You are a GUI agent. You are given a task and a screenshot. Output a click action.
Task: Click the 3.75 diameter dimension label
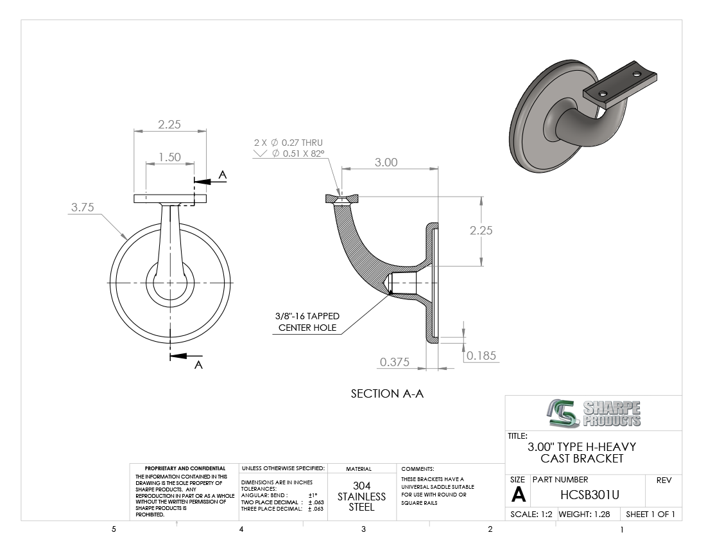click(x=82, y=207)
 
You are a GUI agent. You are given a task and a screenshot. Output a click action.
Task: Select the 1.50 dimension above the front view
click(x=169, y=157)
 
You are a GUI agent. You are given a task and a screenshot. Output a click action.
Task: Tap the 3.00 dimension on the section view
click(x=386, y=162)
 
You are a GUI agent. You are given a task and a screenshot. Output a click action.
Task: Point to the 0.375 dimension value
click(x=395, y=362)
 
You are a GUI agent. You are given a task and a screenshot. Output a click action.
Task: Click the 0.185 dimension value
click(x=482, y=356)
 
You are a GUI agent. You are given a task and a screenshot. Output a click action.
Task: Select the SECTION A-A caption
click(x=387, y=394)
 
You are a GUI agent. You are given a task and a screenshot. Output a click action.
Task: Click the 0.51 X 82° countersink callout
click(x=298, y=154)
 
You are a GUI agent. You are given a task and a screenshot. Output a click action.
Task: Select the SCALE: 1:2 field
click(x=531, y=514)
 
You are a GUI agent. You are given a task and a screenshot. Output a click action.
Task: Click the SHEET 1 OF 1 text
click(x=650, y=514)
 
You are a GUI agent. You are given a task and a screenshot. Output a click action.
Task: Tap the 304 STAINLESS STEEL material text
click(x=362, y=496)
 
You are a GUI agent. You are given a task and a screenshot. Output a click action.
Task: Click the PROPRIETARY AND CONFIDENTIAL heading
click(x=185, y=469)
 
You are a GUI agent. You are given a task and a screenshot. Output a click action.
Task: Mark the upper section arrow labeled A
click(x=209, y=180)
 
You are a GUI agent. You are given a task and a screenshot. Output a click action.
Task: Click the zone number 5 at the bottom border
click(x=114, y=529)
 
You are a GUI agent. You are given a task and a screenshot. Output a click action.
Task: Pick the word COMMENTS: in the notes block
click(x=418, y=469)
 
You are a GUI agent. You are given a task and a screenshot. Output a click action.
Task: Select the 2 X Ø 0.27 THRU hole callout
click(x=288, y=142)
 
